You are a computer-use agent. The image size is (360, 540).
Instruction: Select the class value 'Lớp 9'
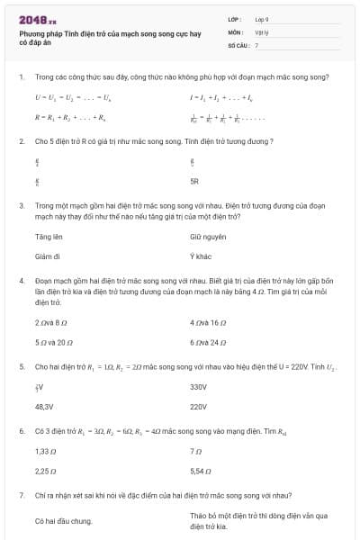pos(262,18)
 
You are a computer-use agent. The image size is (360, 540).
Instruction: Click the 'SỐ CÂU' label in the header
pos(237,44)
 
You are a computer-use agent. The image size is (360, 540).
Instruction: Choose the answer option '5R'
pos(194,181)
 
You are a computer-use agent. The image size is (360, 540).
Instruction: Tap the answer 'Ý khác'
pos(200,256)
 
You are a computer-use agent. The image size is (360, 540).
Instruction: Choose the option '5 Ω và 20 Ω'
pos(54,342)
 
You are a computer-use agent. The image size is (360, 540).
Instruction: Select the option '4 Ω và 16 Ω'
pos(209,322)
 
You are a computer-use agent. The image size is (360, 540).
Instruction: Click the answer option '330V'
pos(199,387)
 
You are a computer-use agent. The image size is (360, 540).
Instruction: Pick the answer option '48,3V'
pos(45,407)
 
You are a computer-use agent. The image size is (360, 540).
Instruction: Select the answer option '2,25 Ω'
pos(47,471)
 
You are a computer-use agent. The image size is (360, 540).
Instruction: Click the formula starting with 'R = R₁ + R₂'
pos(71,117)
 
